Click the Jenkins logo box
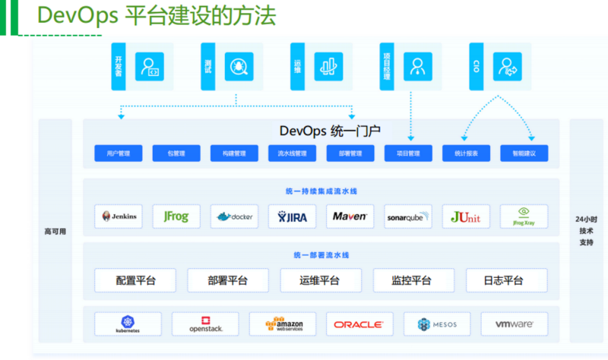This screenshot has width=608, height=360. pos(119,216)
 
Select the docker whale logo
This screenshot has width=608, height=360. pos(235,216)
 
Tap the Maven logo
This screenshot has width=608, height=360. pos(350,216)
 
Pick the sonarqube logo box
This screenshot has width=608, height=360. pos(408,216)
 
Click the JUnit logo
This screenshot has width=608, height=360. pos(466,216)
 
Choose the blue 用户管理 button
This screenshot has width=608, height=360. pos(119,153)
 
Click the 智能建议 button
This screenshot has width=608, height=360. pos(524,153)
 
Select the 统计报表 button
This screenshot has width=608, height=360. pos(466,153)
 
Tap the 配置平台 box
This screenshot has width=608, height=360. pos(135,280)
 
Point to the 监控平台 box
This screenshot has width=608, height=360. pos(413,280)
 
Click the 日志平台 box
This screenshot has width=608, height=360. pos(505,280)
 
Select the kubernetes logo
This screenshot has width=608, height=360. pos(128,324)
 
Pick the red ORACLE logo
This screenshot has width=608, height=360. pos(359,324)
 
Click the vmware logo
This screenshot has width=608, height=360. pos(514,324)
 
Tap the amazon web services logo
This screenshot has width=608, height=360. pos(282,324)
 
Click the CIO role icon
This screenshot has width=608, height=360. pos(507,66)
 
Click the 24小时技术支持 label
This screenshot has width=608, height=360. pos(585,231)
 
